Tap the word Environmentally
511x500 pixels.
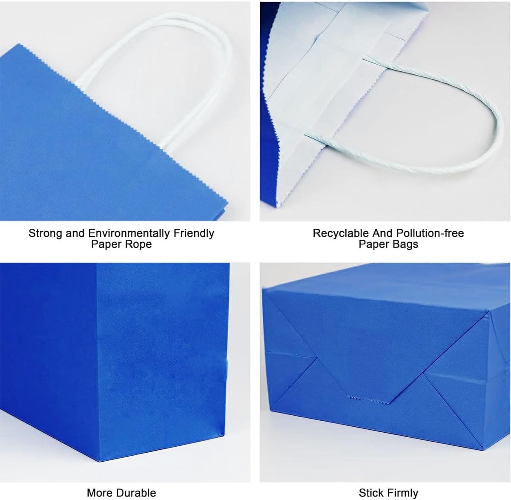[x=129, y=233]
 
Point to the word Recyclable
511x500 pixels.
[x=341, y=233]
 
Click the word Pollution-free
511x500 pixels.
[x=430, y=233]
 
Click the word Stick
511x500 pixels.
[x=370, y=493]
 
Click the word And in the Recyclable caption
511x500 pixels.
[x=382, y=233]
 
